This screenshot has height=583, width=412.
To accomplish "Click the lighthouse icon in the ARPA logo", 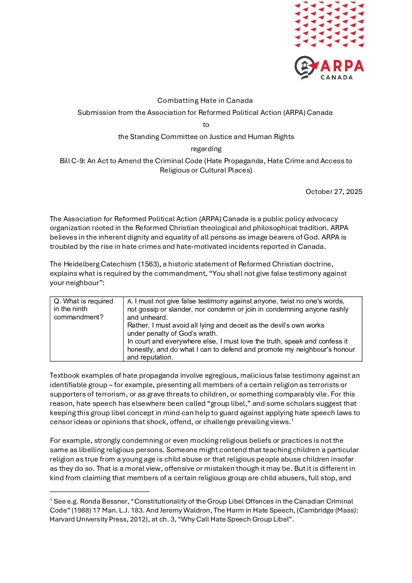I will point(306,67).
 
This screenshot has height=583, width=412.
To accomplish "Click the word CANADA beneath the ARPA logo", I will point(336,77).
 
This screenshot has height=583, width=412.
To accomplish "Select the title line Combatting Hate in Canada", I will point(205,100).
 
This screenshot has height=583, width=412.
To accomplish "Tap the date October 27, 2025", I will point(334,192).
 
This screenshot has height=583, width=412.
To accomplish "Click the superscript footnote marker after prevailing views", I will point(292,420).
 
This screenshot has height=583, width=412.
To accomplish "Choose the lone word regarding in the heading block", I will point(206,149).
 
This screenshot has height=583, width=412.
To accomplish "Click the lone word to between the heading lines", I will point(206,125).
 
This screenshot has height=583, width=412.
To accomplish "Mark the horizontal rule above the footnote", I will point(100,492).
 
